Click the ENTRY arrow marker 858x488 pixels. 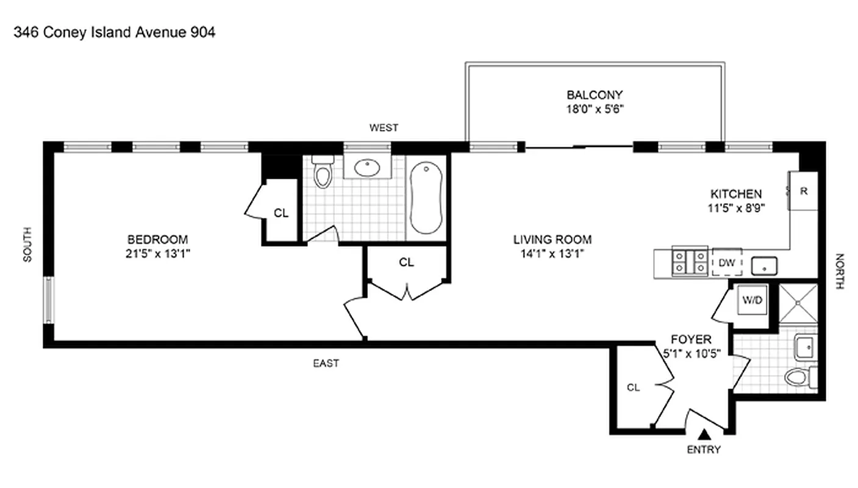tap(704, 434)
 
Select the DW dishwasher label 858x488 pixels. tap(726, 263)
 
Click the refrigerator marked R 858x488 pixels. tap(804, 191)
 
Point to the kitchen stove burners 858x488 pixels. tap(690, 262)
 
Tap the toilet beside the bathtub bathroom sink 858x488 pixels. tap(323, 173)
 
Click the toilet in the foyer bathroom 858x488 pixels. tap(798, 377)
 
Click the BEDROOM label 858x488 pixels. tap(157, 239)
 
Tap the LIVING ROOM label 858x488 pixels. tap(552, 240)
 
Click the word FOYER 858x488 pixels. tap(691, 340)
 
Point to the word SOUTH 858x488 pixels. tap(27, 245)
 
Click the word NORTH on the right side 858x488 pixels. tap(839, 271)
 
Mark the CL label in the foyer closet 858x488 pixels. tap(634, 387)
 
